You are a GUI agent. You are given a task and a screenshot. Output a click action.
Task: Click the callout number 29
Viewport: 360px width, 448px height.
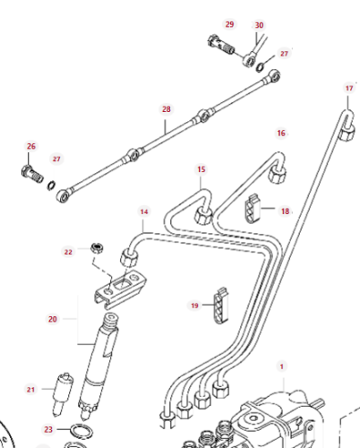229,24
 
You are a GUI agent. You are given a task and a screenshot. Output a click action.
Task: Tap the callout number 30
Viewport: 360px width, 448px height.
259,25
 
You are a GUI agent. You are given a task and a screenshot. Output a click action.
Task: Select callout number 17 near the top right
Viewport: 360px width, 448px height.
349,88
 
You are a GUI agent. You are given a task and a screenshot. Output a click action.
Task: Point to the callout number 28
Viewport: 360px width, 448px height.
166,109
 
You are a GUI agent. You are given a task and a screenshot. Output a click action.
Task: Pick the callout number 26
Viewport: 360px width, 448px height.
30,146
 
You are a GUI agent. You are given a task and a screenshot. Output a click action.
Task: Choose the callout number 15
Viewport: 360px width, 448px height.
201,168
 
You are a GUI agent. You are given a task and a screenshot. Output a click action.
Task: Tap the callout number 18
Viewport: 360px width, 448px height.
285,211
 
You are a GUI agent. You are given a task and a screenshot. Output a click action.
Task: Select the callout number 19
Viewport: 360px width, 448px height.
193,306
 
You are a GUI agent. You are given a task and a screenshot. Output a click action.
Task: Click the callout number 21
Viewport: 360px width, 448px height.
30,388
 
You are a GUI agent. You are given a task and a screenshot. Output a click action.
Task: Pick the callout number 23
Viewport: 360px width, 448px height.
48,429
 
